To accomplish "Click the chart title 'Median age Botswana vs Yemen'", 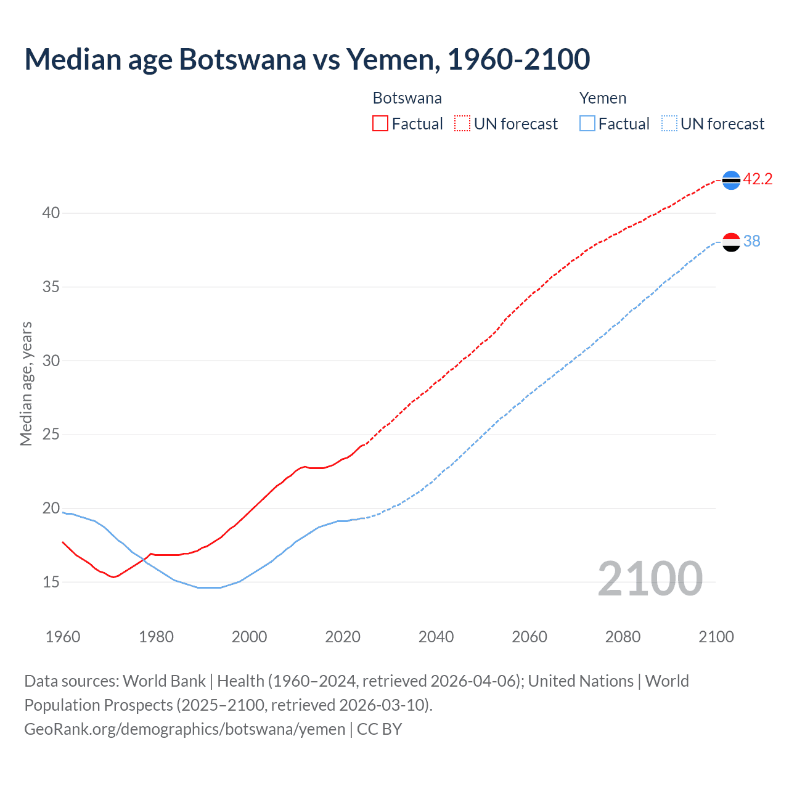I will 307,59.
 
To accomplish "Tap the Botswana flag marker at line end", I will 731,180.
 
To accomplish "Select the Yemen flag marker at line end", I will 731,242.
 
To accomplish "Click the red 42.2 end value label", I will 758,179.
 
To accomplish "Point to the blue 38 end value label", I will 751,241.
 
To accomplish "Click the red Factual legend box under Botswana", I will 380,124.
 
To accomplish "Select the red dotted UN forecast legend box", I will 462,124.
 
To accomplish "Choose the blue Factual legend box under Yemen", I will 587,124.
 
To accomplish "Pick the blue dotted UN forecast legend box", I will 669,124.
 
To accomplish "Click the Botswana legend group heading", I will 407,98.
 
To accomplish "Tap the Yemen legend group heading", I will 602,98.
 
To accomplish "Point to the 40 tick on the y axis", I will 51,213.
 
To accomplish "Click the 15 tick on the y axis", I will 51,582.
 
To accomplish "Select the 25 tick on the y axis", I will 51,435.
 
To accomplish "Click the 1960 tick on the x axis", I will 63,637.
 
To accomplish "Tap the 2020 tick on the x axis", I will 343,637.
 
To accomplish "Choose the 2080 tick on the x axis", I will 623,637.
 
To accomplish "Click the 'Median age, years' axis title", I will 26,383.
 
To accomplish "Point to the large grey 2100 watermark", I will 650,579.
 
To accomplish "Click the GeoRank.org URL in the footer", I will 185,729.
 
